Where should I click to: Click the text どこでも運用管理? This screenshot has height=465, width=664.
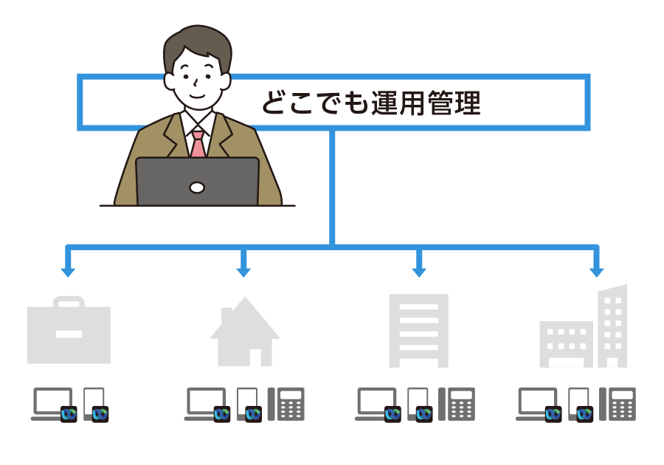[x=371, y=103]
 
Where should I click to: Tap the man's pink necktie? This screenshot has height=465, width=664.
[x=198, y=144]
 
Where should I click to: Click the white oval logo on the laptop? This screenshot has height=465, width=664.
[x=197, y=187]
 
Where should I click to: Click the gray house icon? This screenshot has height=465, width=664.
[x=245, y=334]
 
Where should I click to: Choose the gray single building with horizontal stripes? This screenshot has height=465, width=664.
[x=419, y=330]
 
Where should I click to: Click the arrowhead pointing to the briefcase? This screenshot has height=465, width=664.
[x=68, y=271]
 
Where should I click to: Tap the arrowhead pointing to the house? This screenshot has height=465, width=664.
[x=243, y=271]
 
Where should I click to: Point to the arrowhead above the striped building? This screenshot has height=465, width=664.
[x=419, y=271]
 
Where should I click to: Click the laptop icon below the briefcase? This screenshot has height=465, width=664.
[x=52, y=403]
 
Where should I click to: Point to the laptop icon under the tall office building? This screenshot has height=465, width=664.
[x=536, y=403]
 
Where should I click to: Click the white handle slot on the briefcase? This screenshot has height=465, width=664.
[x=69, y=334]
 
